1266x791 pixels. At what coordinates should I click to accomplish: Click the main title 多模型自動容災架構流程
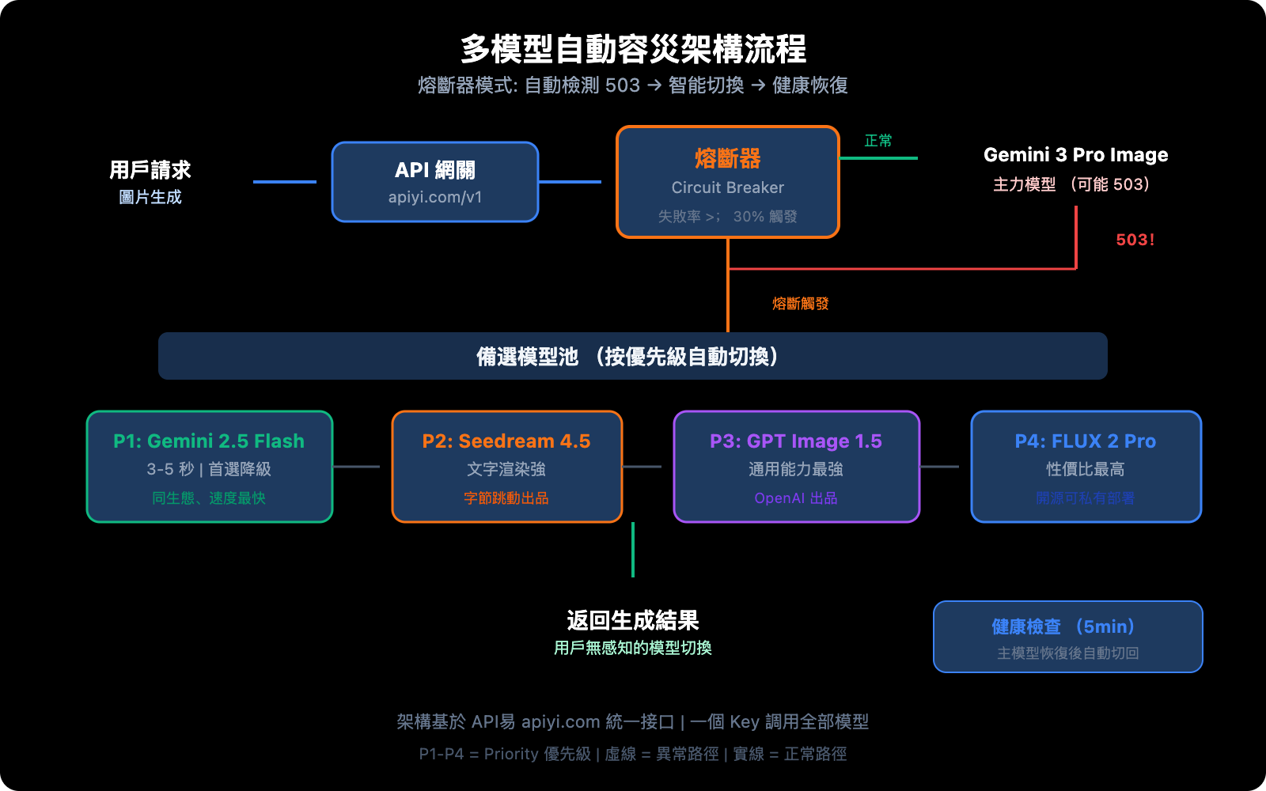click(x=633, y=49)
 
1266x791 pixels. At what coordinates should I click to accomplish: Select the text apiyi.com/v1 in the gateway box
click(x=435, y=197)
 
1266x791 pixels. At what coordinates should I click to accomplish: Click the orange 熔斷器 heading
click(x=727, y=158)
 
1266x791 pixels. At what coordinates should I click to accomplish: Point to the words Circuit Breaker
click(x=727, y=187)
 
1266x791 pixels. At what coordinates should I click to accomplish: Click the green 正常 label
click(x=877, y=141)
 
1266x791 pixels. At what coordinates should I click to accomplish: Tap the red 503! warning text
click(x=1135, y=240)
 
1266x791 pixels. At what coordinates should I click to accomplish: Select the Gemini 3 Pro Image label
click(x=1075, y=155)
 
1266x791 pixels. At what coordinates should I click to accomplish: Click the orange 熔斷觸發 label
click(x=800, y=304)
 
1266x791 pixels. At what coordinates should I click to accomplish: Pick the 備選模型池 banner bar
click(x=633, y=356)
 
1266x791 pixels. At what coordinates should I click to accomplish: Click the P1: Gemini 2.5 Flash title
click(x=209, y=441)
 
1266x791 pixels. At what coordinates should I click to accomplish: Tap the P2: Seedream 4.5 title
click(x=506, y=441)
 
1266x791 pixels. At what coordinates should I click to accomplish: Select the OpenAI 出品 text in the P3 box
click(x=795, y=498)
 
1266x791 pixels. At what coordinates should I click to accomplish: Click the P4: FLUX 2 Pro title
click(x=1085, y=441)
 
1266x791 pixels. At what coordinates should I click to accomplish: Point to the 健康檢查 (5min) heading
click(x=1067, y=626)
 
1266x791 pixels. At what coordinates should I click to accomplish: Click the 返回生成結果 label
click(x=633, y=620)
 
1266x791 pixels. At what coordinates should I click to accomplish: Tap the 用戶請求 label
click(x=150, y=170)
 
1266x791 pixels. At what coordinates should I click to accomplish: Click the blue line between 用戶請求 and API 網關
click(x=285, y=182)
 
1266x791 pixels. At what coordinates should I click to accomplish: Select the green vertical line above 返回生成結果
click(x=633, y=550)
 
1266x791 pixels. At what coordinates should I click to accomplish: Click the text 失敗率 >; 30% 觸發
click(x=727, y=216)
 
